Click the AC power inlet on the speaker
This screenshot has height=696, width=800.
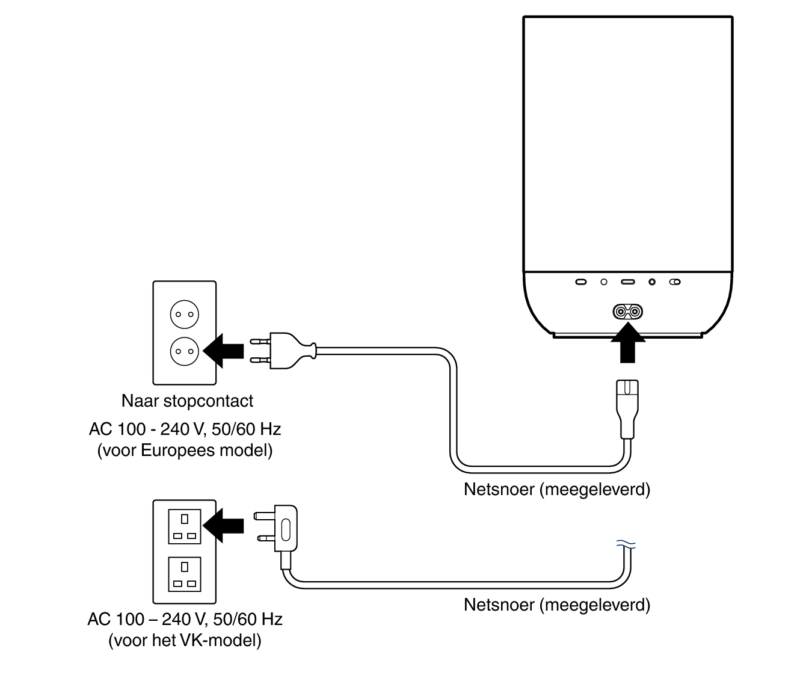point(627,312)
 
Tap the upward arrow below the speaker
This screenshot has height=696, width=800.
point(627,343)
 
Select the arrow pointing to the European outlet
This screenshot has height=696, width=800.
point(224,350)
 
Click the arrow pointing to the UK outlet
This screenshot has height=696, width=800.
point(224,525)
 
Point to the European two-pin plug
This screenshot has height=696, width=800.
point(283,350)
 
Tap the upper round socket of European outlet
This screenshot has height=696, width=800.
point(185,314)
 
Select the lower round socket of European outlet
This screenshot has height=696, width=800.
point(185,351)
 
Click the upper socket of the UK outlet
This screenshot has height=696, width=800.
point(185,526)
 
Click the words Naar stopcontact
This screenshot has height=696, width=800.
point(187,401)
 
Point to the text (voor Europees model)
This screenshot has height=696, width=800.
point(185,450)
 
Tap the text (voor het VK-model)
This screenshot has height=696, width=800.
point(185,640)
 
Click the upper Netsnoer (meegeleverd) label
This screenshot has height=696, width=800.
point(557,489)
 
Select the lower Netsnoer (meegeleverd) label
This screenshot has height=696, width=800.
point(557,604)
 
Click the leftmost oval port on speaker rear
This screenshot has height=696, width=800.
point(581,282)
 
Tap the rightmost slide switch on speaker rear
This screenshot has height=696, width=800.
point(675,282)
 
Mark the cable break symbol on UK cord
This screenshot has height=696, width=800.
point(626,545)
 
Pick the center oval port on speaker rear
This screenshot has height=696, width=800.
point(628,282)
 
